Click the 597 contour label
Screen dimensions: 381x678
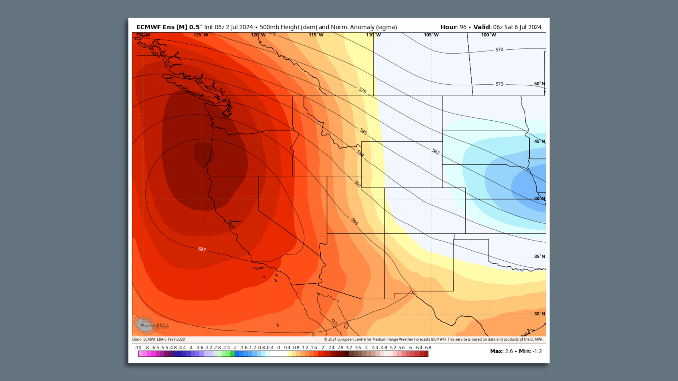(x=202, y=249)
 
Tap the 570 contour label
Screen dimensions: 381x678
(x=499, y=50)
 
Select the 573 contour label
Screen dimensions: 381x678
(x=499, y=84)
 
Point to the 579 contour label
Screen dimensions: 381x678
(x=363, y=90)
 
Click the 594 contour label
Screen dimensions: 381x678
(x=355, y=221)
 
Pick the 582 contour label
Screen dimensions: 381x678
(x=436, y=151)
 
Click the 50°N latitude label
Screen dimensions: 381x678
(x=539, y=84)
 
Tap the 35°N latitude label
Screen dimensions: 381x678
(x=539, y=256)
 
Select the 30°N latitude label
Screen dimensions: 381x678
(x=539, y=314)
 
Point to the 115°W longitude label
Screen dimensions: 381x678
(x=316, y=35)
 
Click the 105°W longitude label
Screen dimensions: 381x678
(x=431, y=35)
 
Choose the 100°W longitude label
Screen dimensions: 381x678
(x=488, y=35)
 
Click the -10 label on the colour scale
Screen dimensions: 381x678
(x=138, y=347)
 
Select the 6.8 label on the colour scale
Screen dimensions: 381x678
(x=428, y=347)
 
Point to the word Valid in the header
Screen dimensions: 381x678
(x=482, y=27)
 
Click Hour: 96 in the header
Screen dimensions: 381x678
(x=453, y=27)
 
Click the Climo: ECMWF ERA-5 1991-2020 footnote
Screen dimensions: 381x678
(x=158, y=339)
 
